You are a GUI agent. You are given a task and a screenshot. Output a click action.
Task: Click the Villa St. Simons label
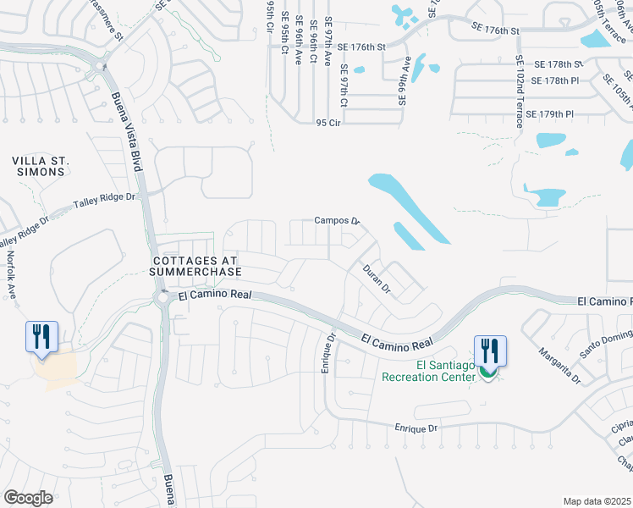tap(39, 166)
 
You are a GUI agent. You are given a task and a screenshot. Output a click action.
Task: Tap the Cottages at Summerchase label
tap(196, 266)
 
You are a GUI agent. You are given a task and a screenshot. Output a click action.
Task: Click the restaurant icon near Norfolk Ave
tap(41, 336)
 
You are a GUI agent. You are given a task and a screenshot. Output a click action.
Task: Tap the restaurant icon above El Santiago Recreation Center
tap(491, 350)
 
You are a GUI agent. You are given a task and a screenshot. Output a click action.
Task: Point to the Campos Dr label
tap(337, 220)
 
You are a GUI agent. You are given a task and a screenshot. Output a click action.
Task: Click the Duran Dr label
tap(377, 279)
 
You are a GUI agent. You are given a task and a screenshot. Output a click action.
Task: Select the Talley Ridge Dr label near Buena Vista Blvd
tap(105, 202)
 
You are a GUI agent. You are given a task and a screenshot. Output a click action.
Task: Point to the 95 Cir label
tap(328, 123)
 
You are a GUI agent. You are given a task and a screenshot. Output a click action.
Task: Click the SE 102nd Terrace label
tap(519, 91)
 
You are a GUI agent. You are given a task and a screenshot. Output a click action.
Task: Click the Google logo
tap(28, 497)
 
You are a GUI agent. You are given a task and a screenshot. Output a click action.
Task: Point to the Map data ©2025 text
tap(597, 501)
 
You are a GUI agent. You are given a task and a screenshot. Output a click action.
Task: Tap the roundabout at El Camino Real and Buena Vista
tap(162, 297)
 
